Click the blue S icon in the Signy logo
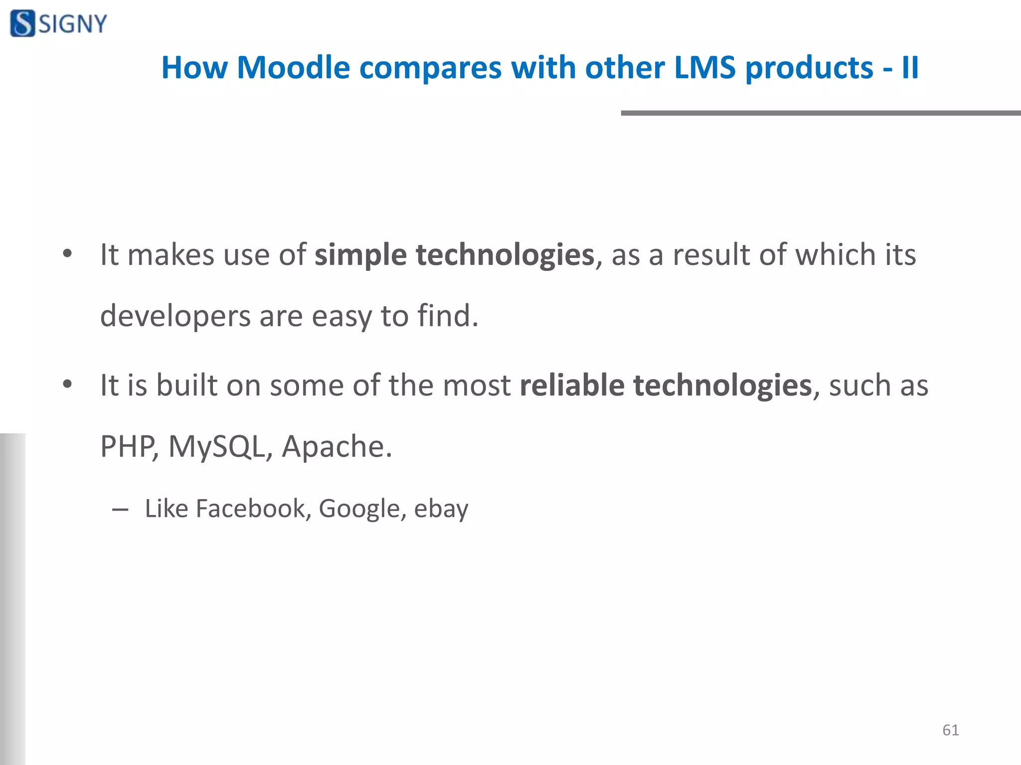tap(23, 23)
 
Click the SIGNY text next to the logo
tap(73, 24)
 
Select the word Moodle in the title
tap(293, 67)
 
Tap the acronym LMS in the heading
tap(704, 67)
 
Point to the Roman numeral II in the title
tap(910, 67)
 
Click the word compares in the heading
tap(430, 68)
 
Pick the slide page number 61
tap(950, 730)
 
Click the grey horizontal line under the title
tap(820, 113)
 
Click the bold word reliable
tap(572, 385)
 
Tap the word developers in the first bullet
tap(175, 316)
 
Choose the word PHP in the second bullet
tap(128, 446)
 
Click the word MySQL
tap(216, 446)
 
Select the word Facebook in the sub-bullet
tap(250, 509)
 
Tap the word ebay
tap(441, 509)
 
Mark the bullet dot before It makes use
tap(67, 255)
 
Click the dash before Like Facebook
tap(120, 510)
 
